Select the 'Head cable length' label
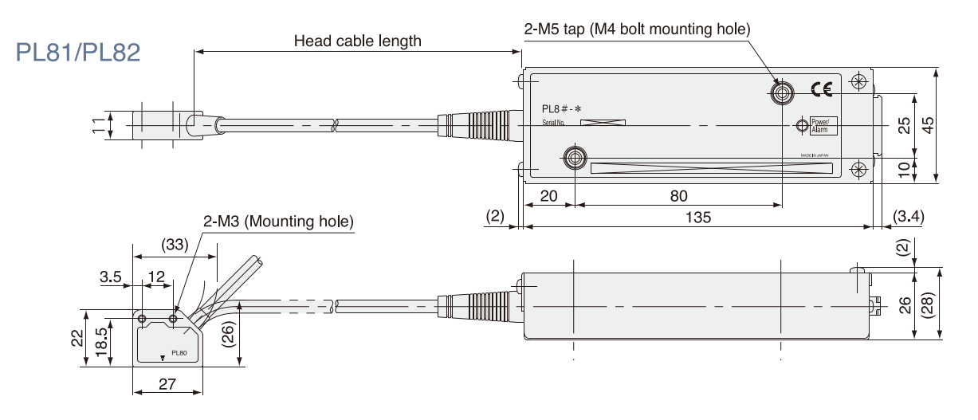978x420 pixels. click(358, 41)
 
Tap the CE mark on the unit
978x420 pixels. click(821, 89)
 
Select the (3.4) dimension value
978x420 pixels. click(909, 216)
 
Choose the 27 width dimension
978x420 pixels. click(167, 384)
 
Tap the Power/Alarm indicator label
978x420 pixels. click(820, 125)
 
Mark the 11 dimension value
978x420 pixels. click(97, 125)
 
